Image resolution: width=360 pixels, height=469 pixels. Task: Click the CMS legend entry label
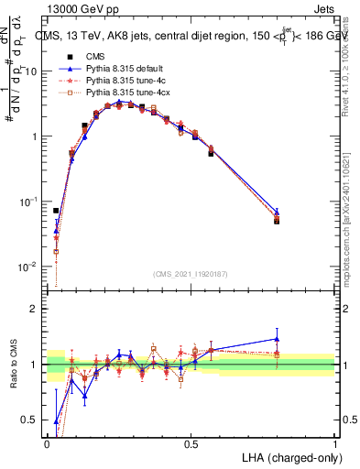(x=95, y=57)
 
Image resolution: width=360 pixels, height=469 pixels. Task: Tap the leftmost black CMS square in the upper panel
(x=56, y=211)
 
